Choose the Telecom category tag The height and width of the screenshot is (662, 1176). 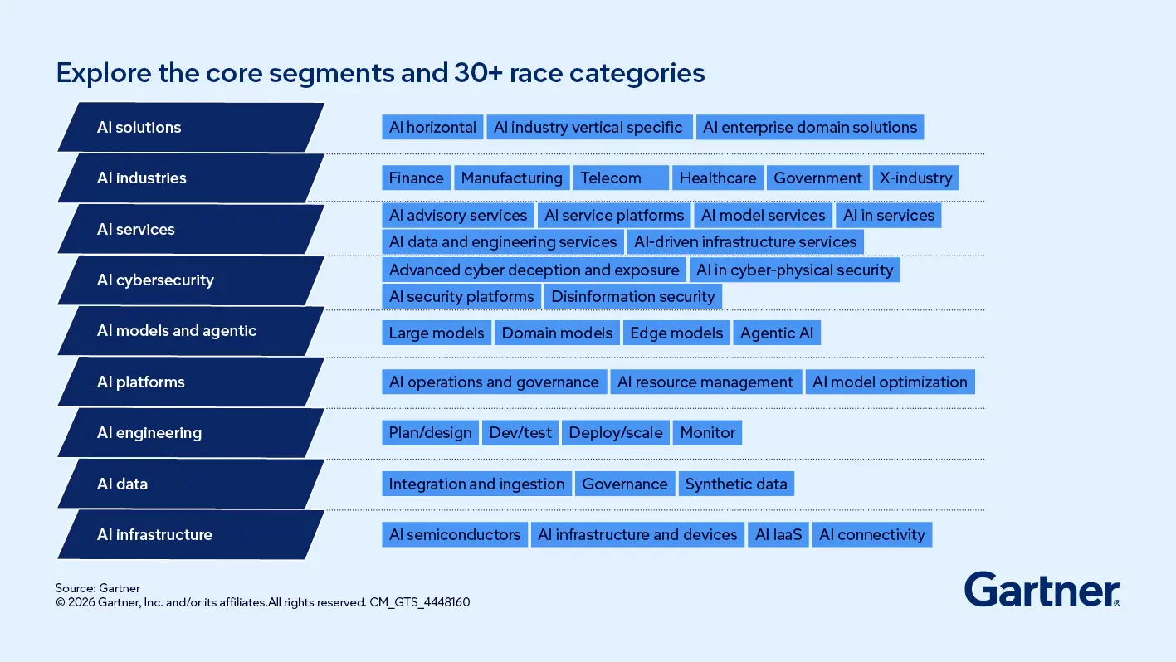pyautogui.click(x=620, y=178)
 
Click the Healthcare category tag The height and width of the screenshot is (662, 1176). pyautogui.click(x=718, y=178)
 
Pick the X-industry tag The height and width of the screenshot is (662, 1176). pyautogui.click(x=915, y=178)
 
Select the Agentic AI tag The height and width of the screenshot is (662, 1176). pyautogui.click(x=777, y=333)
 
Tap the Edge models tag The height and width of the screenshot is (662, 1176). pyautogui.click(x=676, y=333)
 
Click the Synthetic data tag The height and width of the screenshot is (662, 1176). pyautogui.click(x=736, y=484)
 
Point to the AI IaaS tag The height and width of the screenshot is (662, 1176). pyautogui.click(x=778, y=535)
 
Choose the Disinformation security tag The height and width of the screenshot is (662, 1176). pyautogui.click(x=633, y=297)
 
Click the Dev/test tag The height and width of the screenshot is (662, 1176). pyautogui.click(x=520, y=433)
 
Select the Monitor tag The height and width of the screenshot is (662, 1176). pyautogui.click(x=707, y=433)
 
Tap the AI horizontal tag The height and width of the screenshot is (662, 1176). pyautogui.click(x=432, y=128)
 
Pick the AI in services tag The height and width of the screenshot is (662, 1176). pyautogui.click(x=889, y=216)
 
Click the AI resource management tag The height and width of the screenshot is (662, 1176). pyautogui.click(x=705, y=382)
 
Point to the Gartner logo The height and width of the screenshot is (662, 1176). pyautogui.click(x=1042, y=590)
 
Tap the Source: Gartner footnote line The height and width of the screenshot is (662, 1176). pyautogui.click(x=98, y=589)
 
